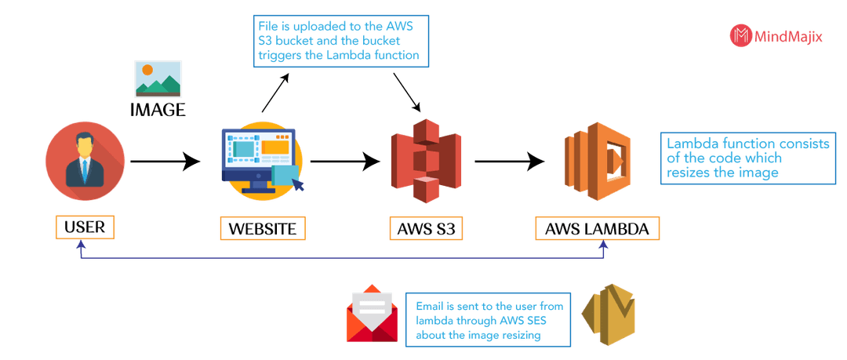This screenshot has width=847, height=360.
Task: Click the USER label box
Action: pyautogui.click(x=85, y=227)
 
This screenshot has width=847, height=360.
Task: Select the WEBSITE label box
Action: pyautogui.click(x=263, y=229)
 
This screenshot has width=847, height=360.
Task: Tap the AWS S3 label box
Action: pyautogui.click(x=426, y=229)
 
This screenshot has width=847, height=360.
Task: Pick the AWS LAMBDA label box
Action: pyautogui.click(x=597, y=229)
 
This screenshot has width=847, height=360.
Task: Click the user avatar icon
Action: pyautogui.click(x=85, y=161)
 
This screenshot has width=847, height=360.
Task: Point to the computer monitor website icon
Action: pyautogui.click(x=262, y=160)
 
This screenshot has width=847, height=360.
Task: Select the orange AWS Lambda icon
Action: pyautogui.click(x=597, y=161)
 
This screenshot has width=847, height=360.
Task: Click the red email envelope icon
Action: pyautogui.click(x=373, y=314)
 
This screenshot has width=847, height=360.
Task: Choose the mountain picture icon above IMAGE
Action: pyautogui.click(x=158, y=79)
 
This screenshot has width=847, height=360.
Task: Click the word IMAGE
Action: pyautogui.click(x=158, y=110)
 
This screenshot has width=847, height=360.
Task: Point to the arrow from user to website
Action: pyautogui.click(x=165, y=161)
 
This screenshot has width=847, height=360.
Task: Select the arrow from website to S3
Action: pyautogui.click(x=346, y=161)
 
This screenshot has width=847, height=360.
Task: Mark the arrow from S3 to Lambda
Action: pyautogui.click(x=510, y=161)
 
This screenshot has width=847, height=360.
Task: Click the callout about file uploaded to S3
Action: pyautogui.click(x=341, y=41)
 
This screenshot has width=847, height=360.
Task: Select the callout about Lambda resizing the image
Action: pyautogui.click(x=749, y=158)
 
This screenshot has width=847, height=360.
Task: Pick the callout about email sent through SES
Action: pyautogui.click(x=489, y=321)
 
